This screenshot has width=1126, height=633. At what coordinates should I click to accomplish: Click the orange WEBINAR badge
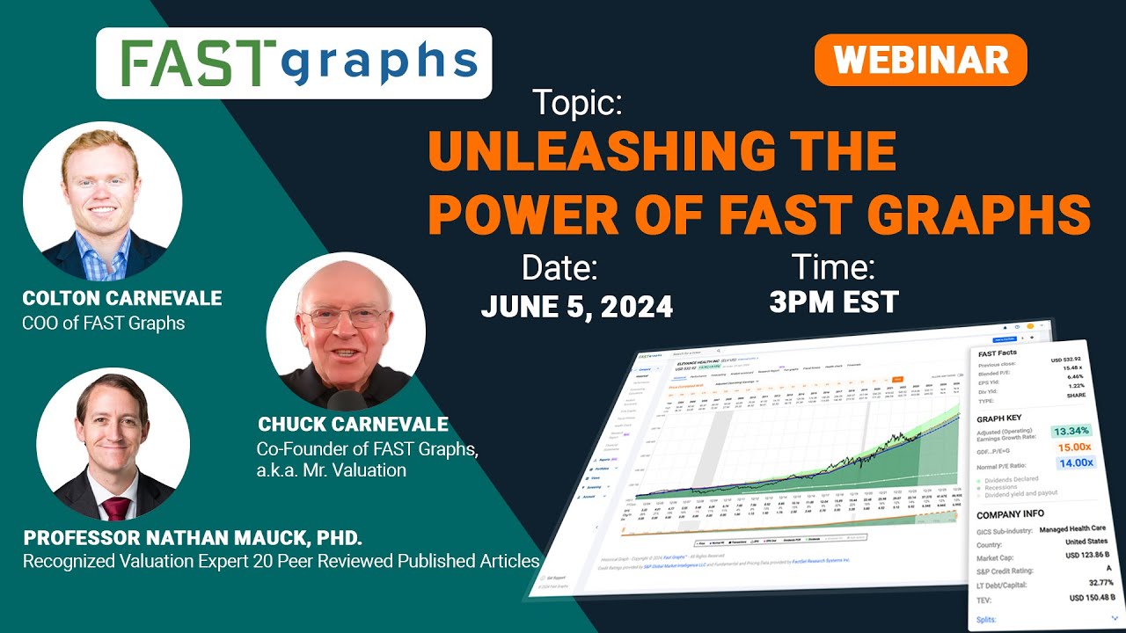920,60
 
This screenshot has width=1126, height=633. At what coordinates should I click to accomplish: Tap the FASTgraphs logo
294,63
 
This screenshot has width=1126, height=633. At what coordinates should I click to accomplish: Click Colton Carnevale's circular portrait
102,201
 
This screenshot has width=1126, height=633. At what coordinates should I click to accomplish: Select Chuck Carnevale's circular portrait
345,332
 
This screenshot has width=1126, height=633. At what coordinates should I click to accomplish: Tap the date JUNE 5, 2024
576,306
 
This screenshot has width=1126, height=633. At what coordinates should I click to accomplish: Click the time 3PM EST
833,302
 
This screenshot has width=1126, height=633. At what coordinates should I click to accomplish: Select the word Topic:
577,104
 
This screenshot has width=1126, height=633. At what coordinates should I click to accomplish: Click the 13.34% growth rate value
1071,430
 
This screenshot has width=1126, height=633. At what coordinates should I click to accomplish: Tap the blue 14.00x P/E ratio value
1074,462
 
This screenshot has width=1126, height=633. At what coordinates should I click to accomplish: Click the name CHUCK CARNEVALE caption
353,425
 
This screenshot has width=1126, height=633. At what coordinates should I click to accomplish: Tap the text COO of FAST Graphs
103,323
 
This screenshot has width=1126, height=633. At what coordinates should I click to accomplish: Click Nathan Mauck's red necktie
115,508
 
